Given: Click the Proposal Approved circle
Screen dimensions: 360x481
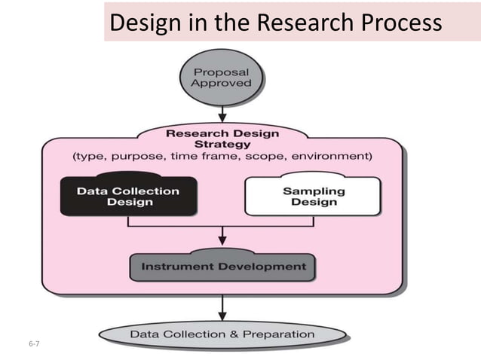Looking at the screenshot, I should [221, 78].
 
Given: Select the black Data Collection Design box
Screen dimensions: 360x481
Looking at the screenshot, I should [128, 196].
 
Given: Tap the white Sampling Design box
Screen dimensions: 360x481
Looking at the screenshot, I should [314, 196].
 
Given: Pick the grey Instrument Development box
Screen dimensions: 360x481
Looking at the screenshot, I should [222, 266].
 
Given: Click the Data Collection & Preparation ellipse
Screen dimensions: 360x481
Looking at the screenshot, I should [223, 333].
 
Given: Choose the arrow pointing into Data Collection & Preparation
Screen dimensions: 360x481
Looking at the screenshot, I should [222, 307].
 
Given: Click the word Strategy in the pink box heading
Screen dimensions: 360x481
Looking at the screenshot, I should [223, 144].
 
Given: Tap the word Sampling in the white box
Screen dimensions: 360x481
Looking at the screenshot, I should [314, 191].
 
